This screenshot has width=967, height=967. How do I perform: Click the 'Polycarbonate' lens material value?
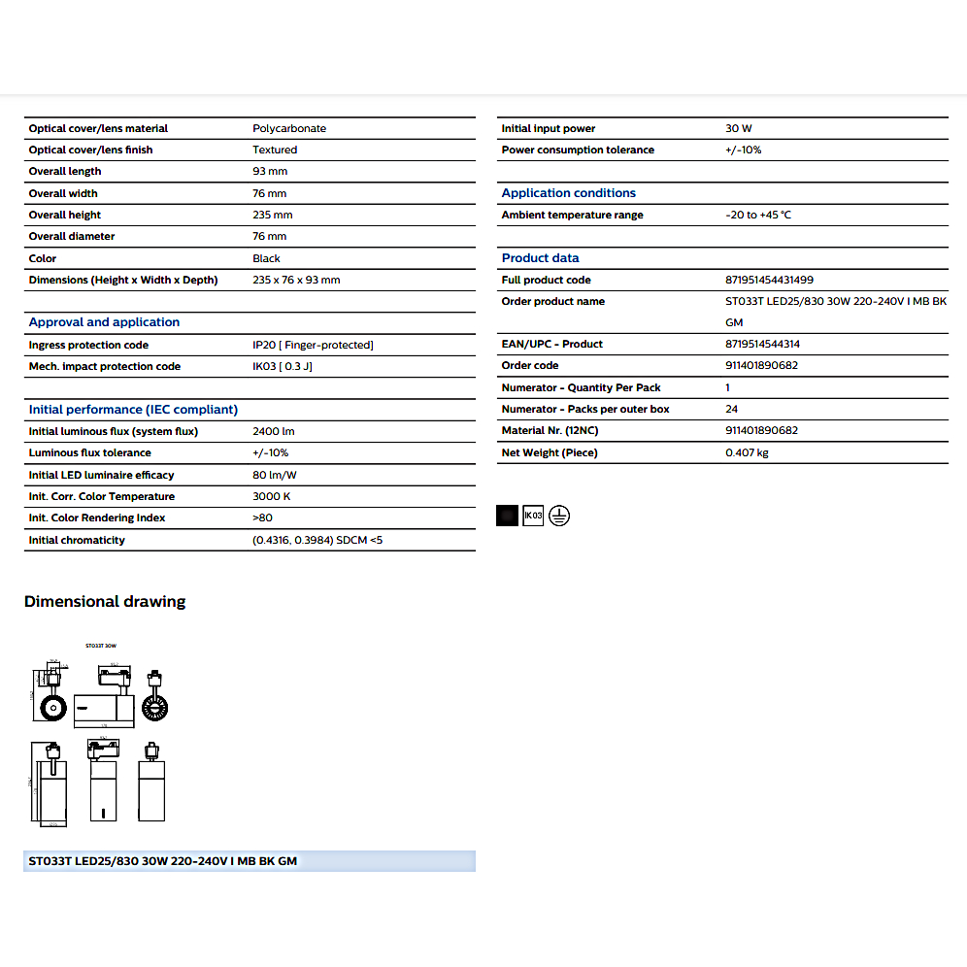289,128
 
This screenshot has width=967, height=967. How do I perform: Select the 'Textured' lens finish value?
275,150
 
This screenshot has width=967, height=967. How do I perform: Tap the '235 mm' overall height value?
272,215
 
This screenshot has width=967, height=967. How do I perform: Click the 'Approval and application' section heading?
104,322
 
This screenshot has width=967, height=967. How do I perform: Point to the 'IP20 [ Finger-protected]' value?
313,345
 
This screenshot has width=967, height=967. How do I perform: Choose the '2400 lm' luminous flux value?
273,431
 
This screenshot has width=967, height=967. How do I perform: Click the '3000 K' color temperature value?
272,496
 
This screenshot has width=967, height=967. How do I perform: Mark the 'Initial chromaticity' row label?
77,540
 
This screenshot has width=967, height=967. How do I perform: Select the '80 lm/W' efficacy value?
275,475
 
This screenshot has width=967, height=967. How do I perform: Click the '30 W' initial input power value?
739,128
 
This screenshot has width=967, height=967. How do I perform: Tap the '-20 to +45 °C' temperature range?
758,215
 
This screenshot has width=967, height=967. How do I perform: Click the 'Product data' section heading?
540,258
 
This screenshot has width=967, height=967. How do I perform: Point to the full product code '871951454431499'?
770,280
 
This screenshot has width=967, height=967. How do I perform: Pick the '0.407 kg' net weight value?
747,452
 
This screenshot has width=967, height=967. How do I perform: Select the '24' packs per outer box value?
731,409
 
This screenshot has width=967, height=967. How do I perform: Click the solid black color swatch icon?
507,516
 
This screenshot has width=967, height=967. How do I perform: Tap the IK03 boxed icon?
533,516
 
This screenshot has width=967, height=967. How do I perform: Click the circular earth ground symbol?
559,516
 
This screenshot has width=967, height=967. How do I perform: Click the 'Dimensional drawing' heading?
105,602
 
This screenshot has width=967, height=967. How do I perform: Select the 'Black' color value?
266,258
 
